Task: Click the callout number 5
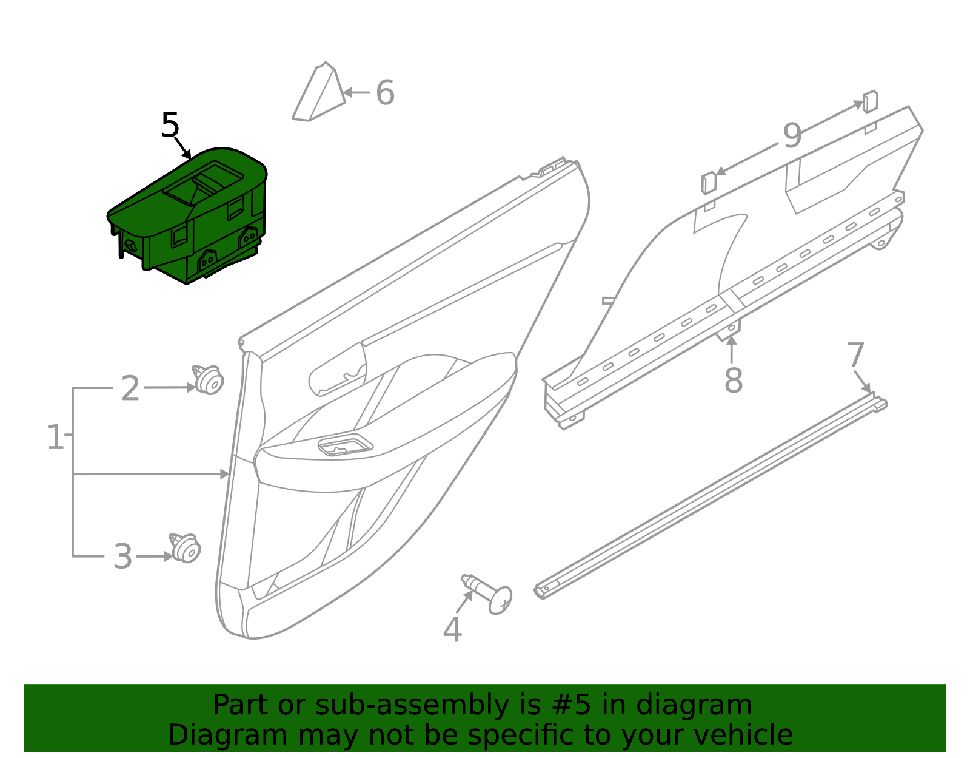tap(170, 126)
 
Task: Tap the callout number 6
tap(385, 93)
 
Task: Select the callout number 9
tap(792, 135)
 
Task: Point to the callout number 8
tap(733, 381)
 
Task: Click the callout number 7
tap(855, 355)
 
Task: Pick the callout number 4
tap(452, 629)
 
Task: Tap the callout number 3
tap(123, 557)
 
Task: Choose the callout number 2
tap(130, 388)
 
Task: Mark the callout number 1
tap(55, 437)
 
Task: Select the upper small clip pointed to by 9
tap(870, 101)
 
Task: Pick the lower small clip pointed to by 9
tap(708, 183)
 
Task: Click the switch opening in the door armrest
tap(344, 445)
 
